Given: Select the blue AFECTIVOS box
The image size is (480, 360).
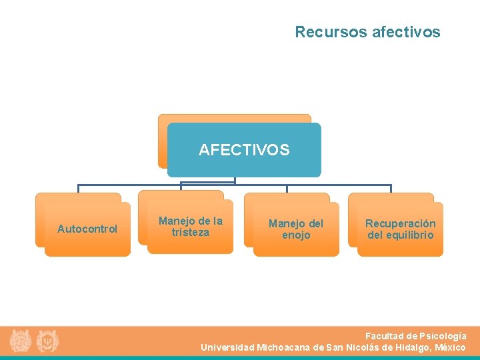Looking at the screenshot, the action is pos(244,150).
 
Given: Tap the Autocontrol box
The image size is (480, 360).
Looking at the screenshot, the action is pos(87,229).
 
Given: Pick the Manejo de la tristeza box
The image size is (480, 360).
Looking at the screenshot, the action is pos(190,227).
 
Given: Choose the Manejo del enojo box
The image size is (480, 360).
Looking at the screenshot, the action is pos(296,229).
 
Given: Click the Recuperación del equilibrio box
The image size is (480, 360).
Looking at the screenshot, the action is pos(400,229).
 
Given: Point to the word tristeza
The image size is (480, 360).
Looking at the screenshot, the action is pos(190,233).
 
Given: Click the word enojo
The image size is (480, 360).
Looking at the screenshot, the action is pos(296,235).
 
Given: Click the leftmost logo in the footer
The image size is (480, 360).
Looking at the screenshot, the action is pos(20,341).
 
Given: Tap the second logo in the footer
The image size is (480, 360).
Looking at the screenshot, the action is pos(47,341).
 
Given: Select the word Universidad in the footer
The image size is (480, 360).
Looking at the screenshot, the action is pos(227,347).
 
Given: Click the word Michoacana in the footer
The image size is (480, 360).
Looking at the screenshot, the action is pos(283,347).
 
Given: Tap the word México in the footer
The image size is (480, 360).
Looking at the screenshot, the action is pos(450,347).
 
